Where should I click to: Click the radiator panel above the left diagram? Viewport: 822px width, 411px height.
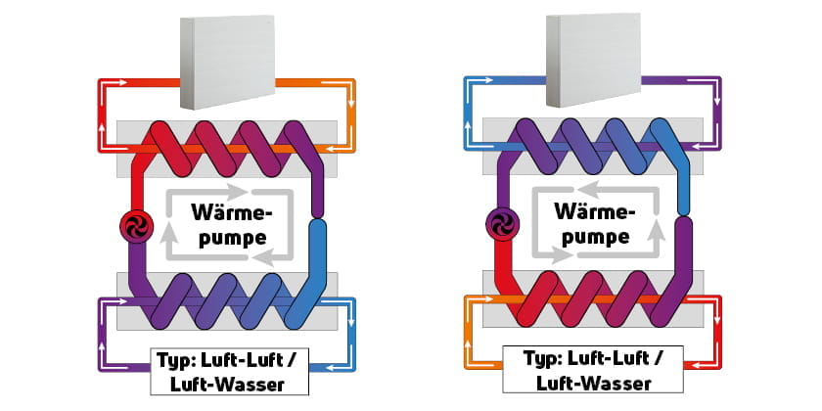(x=227, y=62)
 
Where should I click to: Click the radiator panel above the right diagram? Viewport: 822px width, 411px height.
(x=593, y=61)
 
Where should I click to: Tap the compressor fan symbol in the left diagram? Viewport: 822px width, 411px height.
(x=137, y=226)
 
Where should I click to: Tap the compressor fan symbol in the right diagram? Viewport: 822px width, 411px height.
(x=503, y=225)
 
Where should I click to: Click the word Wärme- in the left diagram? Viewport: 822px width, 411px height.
(x=232, y=213)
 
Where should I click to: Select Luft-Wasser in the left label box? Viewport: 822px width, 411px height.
(x=227, y=385)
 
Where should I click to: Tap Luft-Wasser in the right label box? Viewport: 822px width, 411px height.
(x=594, y=383)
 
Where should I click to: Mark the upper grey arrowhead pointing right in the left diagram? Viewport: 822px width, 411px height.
(x=241, y=192)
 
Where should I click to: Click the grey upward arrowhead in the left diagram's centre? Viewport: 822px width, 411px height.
(x=167, y=232)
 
